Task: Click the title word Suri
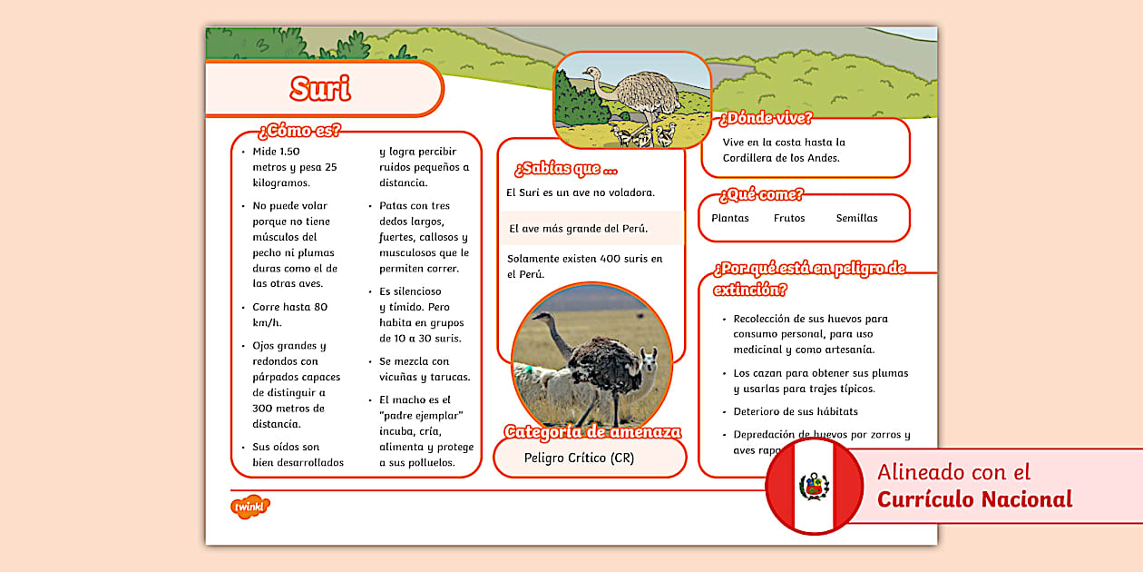click(x=320, y=88)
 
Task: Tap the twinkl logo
click(x=250, y=507)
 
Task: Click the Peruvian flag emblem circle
click(x=814, y=488)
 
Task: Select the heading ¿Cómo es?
click(x=299, y=130)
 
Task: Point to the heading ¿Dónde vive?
click(x=766, y=118)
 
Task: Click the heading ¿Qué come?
click(x=761, y=194)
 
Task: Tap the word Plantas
click(x=730, y=218)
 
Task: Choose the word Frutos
click(x=789, y=218)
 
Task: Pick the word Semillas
click(x=856, y=218)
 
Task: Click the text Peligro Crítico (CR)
click(x=579, y=458)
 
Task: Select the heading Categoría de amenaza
click(x=592, y=432)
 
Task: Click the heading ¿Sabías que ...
click(x=566, y=169)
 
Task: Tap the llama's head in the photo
click(x=648, y=355)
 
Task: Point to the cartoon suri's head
click(x=591, y=73)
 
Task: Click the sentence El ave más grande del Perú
click(x=578, y=229)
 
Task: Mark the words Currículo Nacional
click(x=974, y=499)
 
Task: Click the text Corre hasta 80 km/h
click(x=290, y=314)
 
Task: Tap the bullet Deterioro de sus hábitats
click(x=796, y=411)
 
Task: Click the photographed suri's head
click(x=543, y=319)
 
